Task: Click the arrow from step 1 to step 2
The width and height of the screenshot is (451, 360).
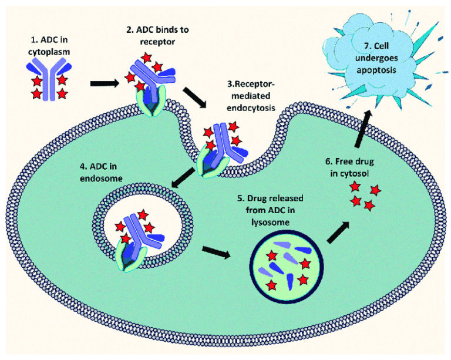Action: tap(103, 83)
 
